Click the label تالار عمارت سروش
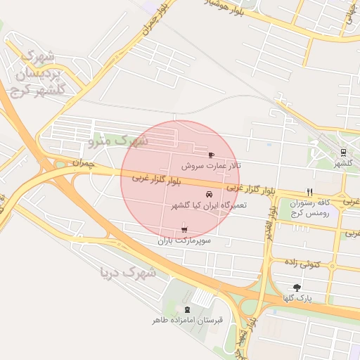[x=211, y=166]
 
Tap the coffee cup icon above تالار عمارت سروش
[x=211, y=154]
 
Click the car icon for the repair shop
[x=209, y=194]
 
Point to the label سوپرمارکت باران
[x=184, y=240]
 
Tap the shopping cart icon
[x=184, y=229]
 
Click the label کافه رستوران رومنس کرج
[x=309, y=207]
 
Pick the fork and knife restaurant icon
[x=309, y=191]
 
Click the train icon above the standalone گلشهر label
[x=343, y=152]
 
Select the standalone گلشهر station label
[x=342, y=163]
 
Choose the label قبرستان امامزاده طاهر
[x=187, y=320]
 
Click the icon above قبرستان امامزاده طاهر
[x=187, y=309]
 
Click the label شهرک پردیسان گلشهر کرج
[x=39, y=72]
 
